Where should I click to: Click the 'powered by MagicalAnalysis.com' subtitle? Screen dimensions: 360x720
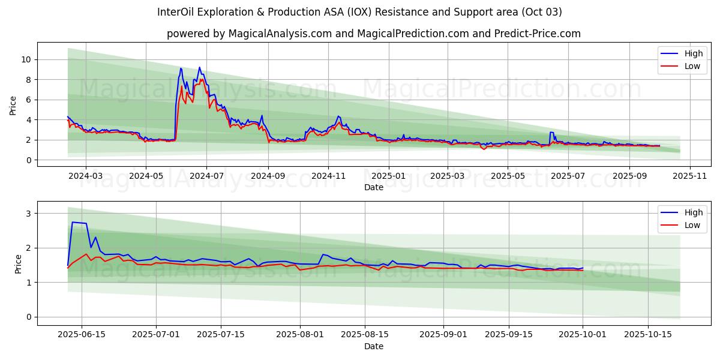(373, 34)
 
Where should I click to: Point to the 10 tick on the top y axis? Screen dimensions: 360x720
(26, 59)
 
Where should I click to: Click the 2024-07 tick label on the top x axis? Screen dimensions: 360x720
(206, 176)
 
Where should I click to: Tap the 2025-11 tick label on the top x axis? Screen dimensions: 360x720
(690, 176)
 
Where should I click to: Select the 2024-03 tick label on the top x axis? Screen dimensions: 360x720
(85, 176)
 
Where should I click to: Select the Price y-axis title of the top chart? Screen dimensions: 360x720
(13, 105)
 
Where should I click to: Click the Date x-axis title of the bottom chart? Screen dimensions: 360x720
(373, 346)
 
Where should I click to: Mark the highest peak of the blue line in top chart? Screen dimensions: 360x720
(199, 67)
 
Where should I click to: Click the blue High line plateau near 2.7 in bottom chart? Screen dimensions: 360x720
(79, 223)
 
